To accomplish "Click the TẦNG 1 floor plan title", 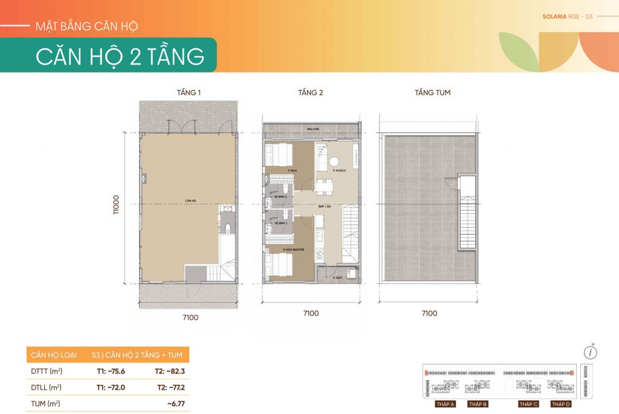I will pyautogui.click(x=189, y=92).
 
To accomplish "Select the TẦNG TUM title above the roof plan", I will pyautogui.click(x=432, y=92).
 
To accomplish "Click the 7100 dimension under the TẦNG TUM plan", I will pyautogui.click(x=429, y=313).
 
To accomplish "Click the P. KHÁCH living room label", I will pyautogui.click(x=339, y=172).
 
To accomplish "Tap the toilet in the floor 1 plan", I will pyautogui.click(x=228, y=228).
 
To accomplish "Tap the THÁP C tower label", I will pyautogui.click(x=528, y=404).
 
